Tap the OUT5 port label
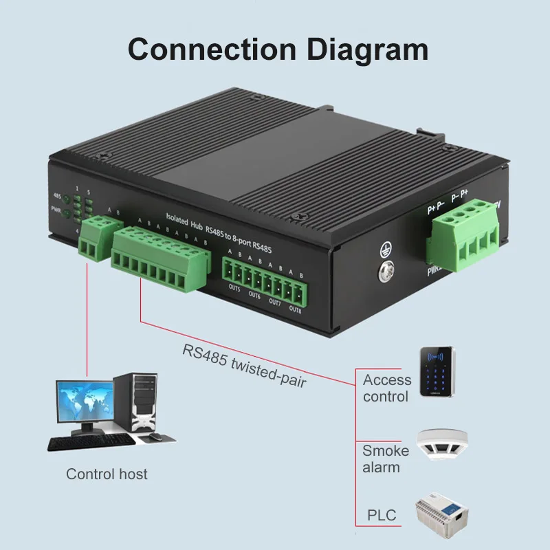click(x=234, y=288)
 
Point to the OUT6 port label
click(x=254, y=296)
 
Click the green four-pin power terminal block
click(x=462, y=234)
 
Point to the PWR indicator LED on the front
click(x=66, y=213)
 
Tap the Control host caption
click(x=107, y=474)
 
